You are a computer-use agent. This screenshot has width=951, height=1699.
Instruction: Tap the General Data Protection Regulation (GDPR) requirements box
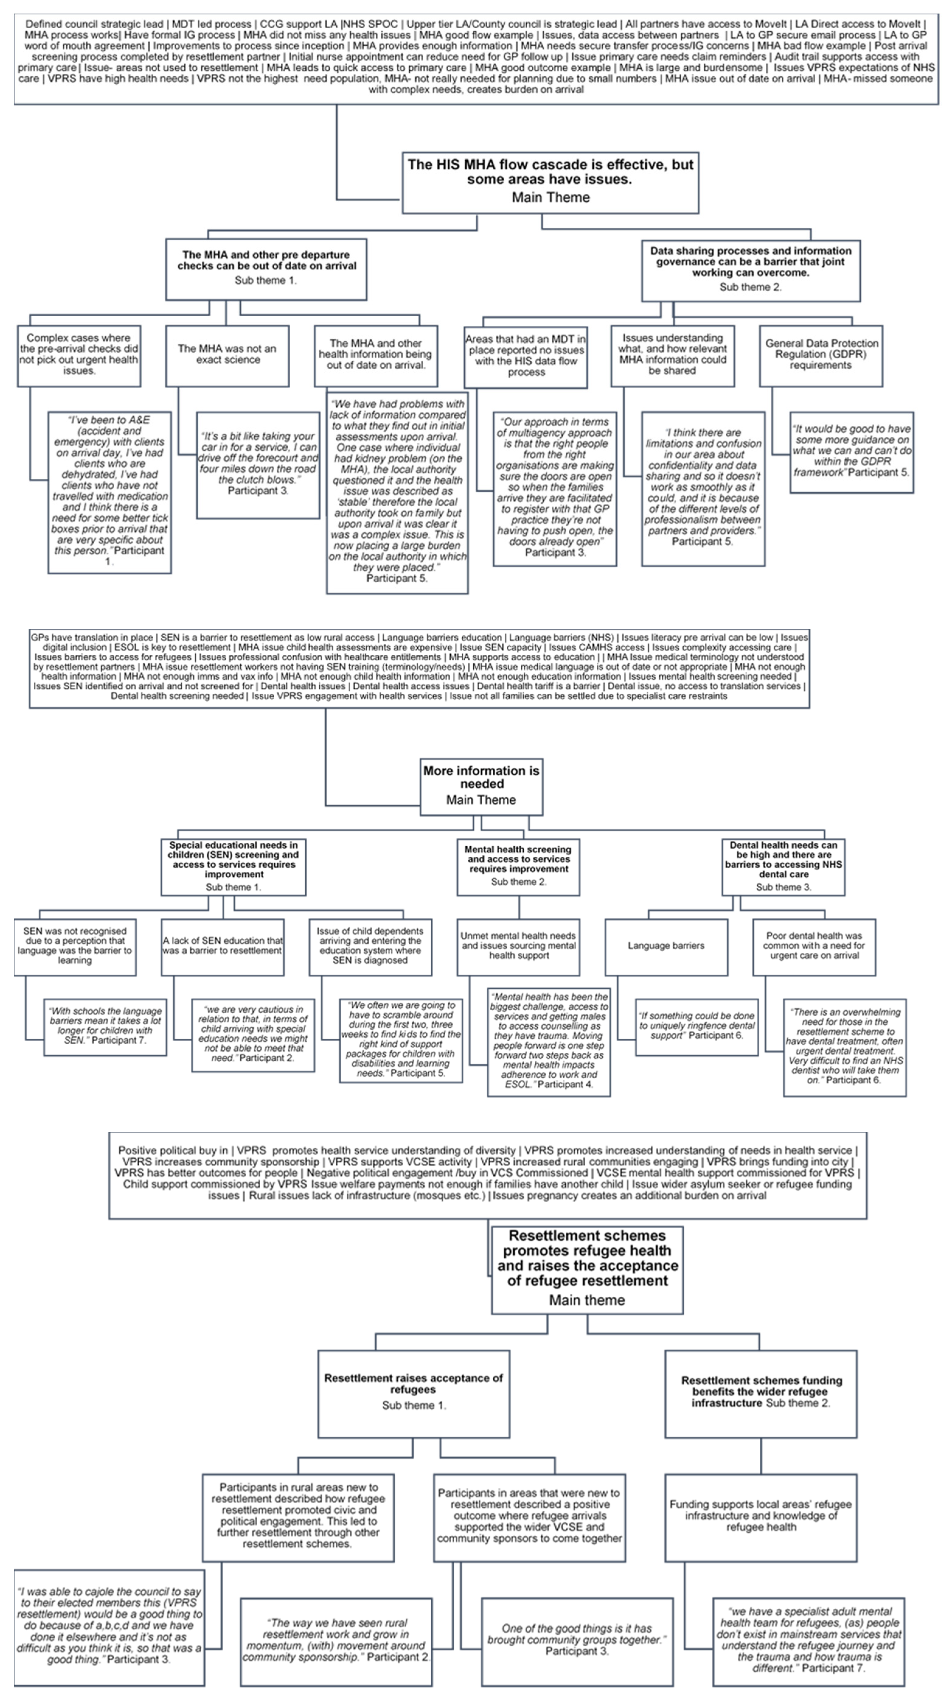[x=821, y=355]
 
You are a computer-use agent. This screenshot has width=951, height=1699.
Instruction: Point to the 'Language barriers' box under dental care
[x=666, y=946]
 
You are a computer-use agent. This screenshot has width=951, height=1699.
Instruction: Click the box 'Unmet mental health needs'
[x=518, y=946]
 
